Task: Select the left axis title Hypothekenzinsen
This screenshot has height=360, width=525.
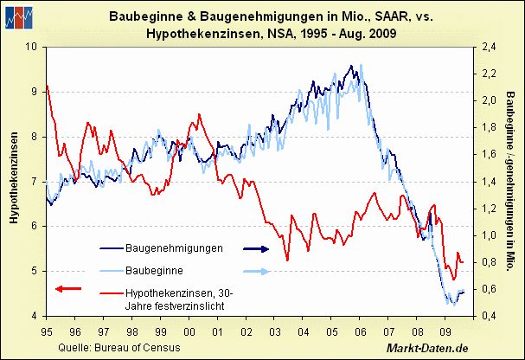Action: point(14,180)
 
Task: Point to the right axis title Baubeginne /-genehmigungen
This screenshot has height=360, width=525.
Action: point(510,180)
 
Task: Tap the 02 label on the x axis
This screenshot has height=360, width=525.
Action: point(246,331)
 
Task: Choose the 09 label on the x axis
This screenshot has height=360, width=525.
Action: point(446,331)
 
